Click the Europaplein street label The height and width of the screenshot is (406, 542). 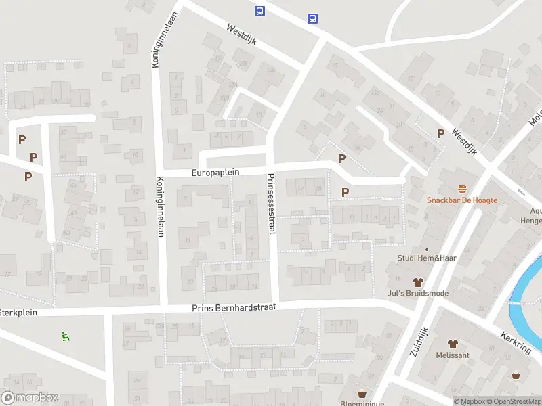click(x=216, y=173)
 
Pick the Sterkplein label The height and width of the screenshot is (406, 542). click(x=18, y=313)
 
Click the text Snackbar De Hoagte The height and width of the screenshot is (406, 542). click(x=462, y=200)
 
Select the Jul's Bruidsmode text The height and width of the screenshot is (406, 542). click(x=418, y=294)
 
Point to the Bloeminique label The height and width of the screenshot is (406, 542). click(x=362, y=403)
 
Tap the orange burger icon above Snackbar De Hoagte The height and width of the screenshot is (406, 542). click(x=463, y=188)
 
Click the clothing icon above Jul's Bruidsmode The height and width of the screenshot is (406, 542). click(x=418, y=282)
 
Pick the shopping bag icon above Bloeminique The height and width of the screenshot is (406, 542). click(x=362, y=392)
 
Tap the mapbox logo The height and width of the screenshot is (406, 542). click(x=30, y=398)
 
